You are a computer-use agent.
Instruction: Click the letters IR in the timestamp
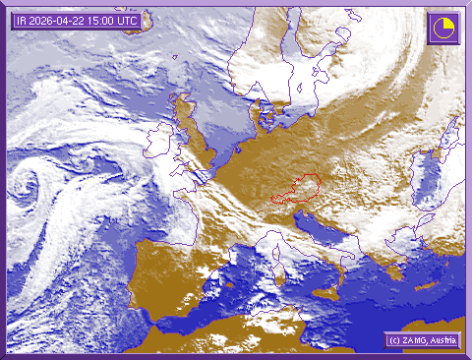tap(21, 20)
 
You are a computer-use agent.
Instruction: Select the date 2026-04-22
tap(57, 20)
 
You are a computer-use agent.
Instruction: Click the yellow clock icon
tap(442, 28)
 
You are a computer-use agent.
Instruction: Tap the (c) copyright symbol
tap(392, 340)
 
